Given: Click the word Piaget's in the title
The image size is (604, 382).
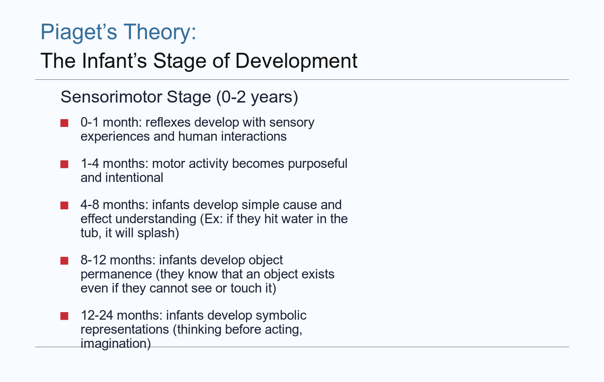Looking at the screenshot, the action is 79,32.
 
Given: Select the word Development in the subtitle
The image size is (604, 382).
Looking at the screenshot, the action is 296,62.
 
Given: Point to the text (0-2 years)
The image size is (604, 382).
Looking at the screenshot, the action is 257,97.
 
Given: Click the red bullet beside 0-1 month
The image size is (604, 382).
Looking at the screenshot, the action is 64,123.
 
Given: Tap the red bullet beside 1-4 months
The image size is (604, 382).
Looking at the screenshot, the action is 64,164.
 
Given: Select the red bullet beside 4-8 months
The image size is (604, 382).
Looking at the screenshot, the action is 64,206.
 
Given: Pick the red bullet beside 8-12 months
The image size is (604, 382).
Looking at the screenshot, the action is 64,261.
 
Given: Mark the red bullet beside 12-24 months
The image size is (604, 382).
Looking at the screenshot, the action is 64,316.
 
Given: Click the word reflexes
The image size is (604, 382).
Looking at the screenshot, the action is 168,122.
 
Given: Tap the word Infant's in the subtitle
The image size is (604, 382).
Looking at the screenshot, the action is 114,61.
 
